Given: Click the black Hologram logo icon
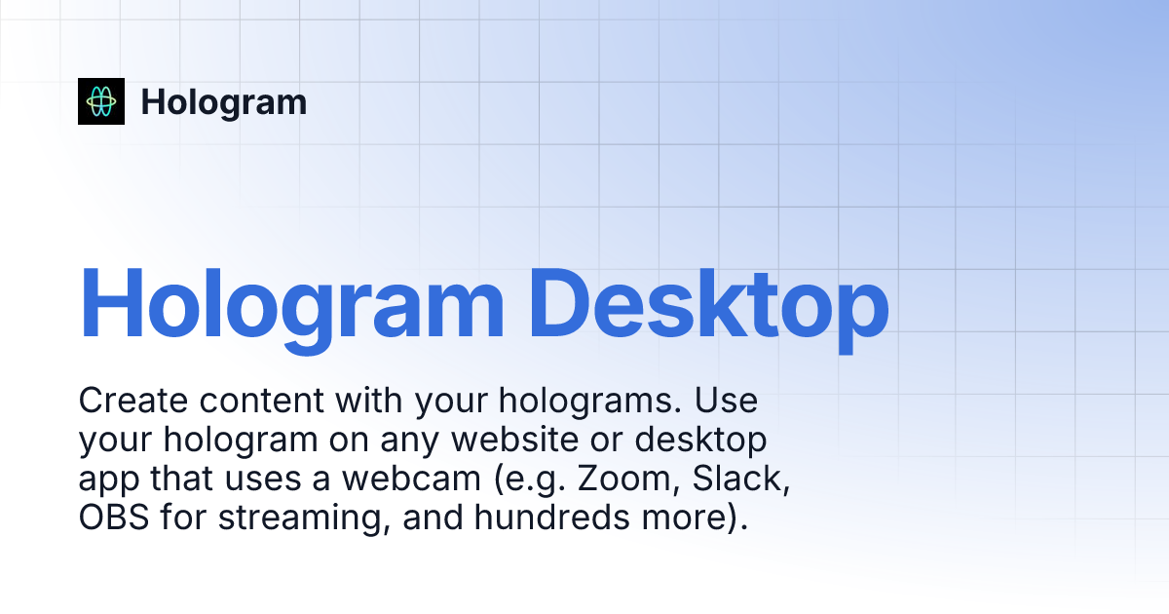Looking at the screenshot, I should (x=101, y=101).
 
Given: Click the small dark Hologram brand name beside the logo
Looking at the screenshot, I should (x=224, y=102).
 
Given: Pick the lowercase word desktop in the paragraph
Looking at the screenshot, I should (x=701, y=440).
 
